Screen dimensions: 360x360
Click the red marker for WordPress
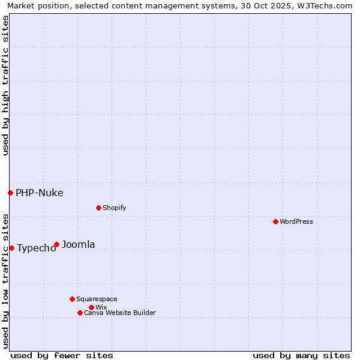tap(275, 221)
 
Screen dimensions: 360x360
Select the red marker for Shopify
tap(98, 208)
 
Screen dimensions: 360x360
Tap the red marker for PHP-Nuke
tap(10, 193)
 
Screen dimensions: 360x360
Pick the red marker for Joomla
tap(56, 244)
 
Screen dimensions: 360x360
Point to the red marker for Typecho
tap(11, 248)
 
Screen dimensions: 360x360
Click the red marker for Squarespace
tap(72, 299)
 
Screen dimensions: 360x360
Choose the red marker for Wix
tap(91, 307)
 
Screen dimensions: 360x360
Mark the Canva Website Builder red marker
tap(80, 313)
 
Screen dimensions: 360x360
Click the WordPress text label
tap(296, 221)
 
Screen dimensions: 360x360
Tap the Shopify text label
tap(114, 208)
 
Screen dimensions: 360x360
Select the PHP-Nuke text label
tap(40, 193)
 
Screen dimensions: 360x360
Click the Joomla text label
tap(79, 244)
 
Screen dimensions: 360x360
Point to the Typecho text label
tap(37, 248)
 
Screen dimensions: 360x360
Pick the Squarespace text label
tap(97, 299)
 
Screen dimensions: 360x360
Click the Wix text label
tap(101, 307)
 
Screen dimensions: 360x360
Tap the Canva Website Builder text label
tap(120, 313)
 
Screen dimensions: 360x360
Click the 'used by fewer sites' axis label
tap(62, 355)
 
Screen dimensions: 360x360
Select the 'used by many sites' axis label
tap(301, 355)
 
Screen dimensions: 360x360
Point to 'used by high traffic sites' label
tap(5, 85)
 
